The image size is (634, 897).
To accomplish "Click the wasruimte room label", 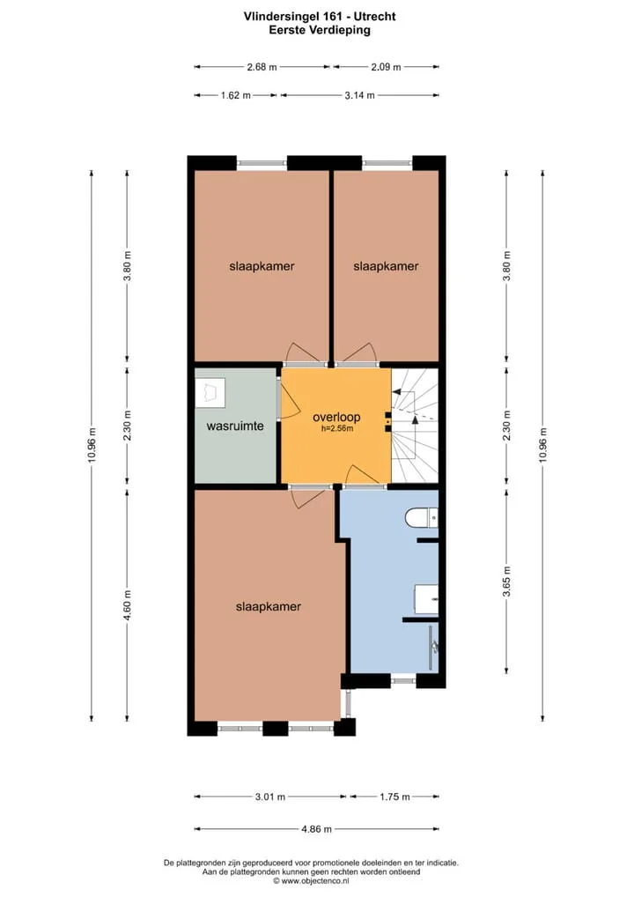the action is [235, 426].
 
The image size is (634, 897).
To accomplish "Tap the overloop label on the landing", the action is [336, 417].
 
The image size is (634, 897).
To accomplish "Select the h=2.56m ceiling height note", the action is [336, 428].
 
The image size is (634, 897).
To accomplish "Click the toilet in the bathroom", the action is [422, 518].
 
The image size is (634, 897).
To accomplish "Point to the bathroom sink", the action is [426, 599].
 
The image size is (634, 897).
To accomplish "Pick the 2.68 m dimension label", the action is [262, 67].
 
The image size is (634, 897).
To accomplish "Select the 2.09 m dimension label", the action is [386, 67].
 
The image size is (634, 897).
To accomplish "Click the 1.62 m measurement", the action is [235, 95].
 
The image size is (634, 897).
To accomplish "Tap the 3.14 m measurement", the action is [359, 95].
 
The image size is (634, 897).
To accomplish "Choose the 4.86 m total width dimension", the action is [317, 829].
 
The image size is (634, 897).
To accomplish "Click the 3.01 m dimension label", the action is [269, 797].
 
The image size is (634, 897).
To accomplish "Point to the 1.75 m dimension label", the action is [394, 797].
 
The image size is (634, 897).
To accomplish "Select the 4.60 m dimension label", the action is [128, 605].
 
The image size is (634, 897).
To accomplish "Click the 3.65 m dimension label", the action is [506, 582].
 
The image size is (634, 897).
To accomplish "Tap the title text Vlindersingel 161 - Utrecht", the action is [320, 17].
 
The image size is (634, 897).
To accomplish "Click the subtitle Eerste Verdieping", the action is [320, 30].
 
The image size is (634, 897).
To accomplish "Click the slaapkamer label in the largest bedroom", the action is [268, 607].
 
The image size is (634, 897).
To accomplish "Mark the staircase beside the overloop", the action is [415, 426].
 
